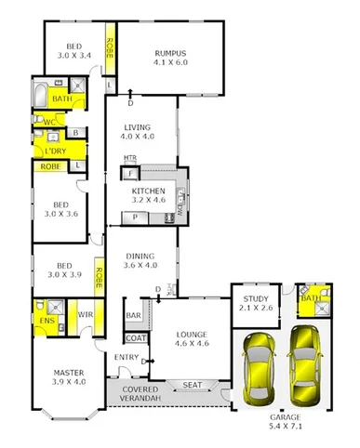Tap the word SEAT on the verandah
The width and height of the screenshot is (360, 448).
click(193, 385)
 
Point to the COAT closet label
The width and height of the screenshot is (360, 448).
click(136, 338)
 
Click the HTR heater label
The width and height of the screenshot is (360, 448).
click(130, 159)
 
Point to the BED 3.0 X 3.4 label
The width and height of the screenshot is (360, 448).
click(74, 50)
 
